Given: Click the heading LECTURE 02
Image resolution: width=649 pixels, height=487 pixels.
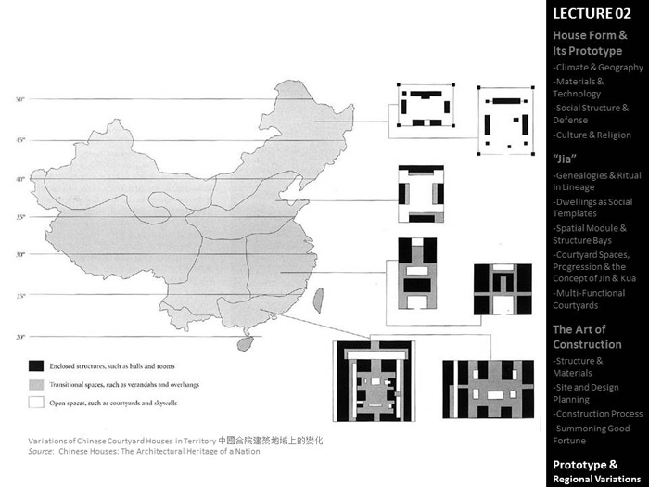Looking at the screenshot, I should click(x=592, y=14).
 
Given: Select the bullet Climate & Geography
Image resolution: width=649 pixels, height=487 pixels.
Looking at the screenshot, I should click(x=598, y=68).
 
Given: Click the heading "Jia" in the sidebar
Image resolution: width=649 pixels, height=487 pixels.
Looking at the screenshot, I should click(x=566, y=157).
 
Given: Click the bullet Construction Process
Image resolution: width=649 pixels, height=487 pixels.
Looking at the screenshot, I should click(x=598, y=414).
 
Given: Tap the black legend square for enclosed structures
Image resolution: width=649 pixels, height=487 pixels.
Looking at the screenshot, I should click(x=36, y=365).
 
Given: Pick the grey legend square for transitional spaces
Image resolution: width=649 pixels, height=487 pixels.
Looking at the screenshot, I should click(x=36, y=384).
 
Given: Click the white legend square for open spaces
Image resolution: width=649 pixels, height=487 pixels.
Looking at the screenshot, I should click(x=36, y=403).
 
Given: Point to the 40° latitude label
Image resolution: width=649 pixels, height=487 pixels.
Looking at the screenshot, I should click(x=19, y=179).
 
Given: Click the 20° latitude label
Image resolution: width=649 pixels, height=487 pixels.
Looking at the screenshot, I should click(x=19, y=337).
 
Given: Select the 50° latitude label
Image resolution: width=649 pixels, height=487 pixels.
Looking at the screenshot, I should click(x=19, y=99).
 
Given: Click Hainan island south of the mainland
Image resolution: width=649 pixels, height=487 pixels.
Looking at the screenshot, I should click(x=245, y=343).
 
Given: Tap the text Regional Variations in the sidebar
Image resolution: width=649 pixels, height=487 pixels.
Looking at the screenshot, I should click(x=597, y=479).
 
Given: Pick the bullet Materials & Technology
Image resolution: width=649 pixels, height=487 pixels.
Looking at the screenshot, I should click(x=578, y=87).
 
